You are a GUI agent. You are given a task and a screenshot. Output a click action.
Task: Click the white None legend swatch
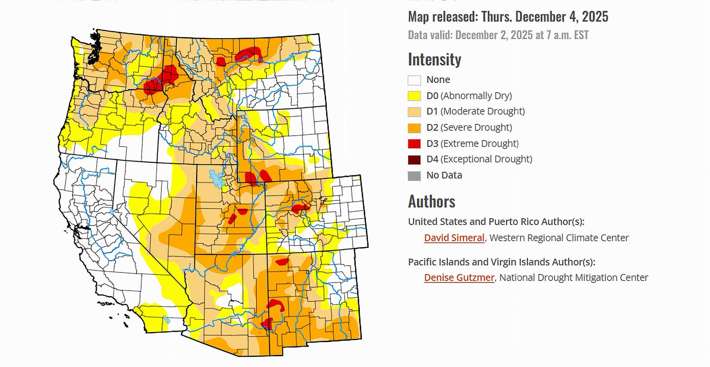coord(414,80)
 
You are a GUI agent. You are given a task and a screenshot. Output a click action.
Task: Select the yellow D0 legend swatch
coord(414,96)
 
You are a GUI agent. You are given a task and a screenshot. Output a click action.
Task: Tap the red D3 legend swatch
coord(414,144)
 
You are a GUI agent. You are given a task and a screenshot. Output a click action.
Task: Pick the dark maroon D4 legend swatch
coord(414,159)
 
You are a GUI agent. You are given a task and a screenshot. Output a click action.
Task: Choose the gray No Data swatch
coord(414,176)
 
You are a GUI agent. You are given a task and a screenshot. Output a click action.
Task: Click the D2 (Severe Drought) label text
coord(469,127)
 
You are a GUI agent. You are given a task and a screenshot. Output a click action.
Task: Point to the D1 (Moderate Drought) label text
coord(475,111)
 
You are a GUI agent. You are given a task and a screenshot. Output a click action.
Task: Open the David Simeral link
coord(454,238)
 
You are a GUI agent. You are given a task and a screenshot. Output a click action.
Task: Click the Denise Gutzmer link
coord(459,277)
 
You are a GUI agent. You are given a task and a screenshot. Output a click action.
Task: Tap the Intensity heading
coord(434,59)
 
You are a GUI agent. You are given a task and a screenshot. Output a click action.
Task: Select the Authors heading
coord(431,201)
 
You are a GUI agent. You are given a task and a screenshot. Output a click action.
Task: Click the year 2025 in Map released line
coord(595,16)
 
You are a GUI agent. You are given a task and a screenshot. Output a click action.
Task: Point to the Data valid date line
coord(498,35)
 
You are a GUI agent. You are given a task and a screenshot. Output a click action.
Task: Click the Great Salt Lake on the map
coord(216,179)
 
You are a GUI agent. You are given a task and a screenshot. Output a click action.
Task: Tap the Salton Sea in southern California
coord(166,319)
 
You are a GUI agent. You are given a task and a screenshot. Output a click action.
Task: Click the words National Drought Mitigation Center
coord(573,277)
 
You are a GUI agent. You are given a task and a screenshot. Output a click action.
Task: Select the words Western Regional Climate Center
coord(559,238)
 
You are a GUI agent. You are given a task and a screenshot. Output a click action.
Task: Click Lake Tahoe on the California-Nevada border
coord(112,212)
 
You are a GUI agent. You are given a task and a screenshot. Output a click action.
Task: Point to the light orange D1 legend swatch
coord(414,112)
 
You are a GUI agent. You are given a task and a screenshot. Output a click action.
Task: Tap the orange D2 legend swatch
coord(414,128)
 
